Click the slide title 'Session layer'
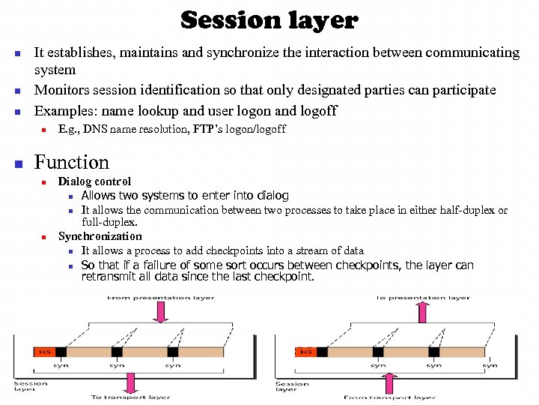pyautogui.click(x=269, y=20)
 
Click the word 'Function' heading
pyautogui.click(x=72, y=162)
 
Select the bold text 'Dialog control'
pyautogui.click(x=94, y=181)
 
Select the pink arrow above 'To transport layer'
pyautogui.click(x=132, y=383)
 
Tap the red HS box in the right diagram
pyautogui.click(x=307, y=351)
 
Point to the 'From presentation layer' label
pyautogui.click(x=160, y=297)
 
